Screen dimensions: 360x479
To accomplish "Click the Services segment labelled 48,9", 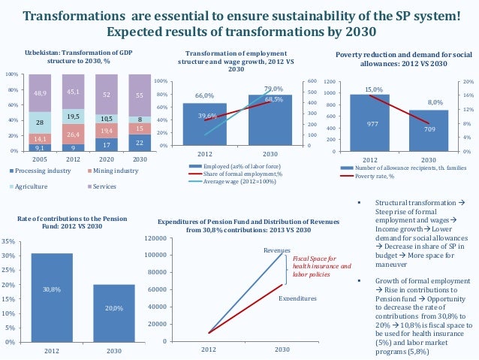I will [x=41, y=93].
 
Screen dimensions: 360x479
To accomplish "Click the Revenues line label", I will [x=276, y=250].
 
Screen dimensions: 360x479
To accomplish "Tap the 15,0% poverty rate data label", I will [x=374, y=89].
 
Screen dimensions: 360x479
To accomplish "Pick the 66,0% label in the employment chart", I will [x=204, y=96].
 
